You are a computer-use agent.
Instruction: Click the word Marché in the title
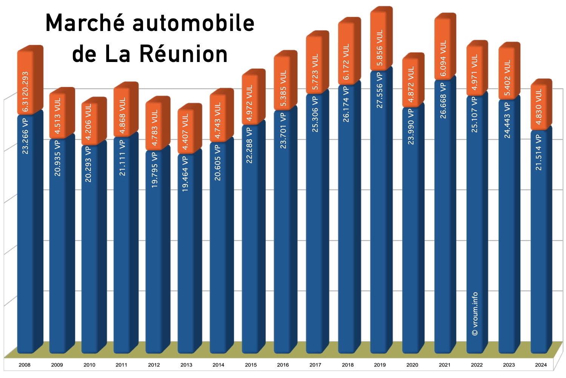pyautogui.click(x=85, y=23)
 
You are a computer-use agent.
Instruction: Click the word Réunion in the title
pyautogui.click(x=184, y=54)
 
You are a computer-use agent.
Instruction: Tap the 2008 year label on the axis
pyautogui.click(x=25, y=365)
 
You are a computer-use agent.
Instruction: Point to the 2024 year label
pyautogui.click(x=541, y=365)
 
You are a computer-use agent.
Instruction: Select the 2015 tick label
pyautogui.click(x=251, y=365)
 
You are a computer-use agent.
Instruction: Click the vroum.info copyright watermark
pyautogui.click(x=475, y=314)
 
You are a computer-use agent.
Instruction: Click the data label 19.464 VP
pyautogui.click(x=185, y=174)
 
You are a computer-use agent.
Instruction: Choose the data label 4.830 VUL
pyautogui.click(x=539, y=106)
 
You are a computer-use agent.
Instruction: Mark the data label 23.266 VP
pyautogui.click(x=25, y=136)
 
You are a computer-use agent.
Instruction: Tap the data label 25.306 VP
pyautogui.click(x=315, y=114)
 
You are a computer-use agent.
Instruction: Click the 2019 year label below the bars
pyautogui.click(x=380, y=365)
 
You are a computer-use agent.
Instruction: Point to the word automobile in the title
pyautogui.click(x=194, y=23)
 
